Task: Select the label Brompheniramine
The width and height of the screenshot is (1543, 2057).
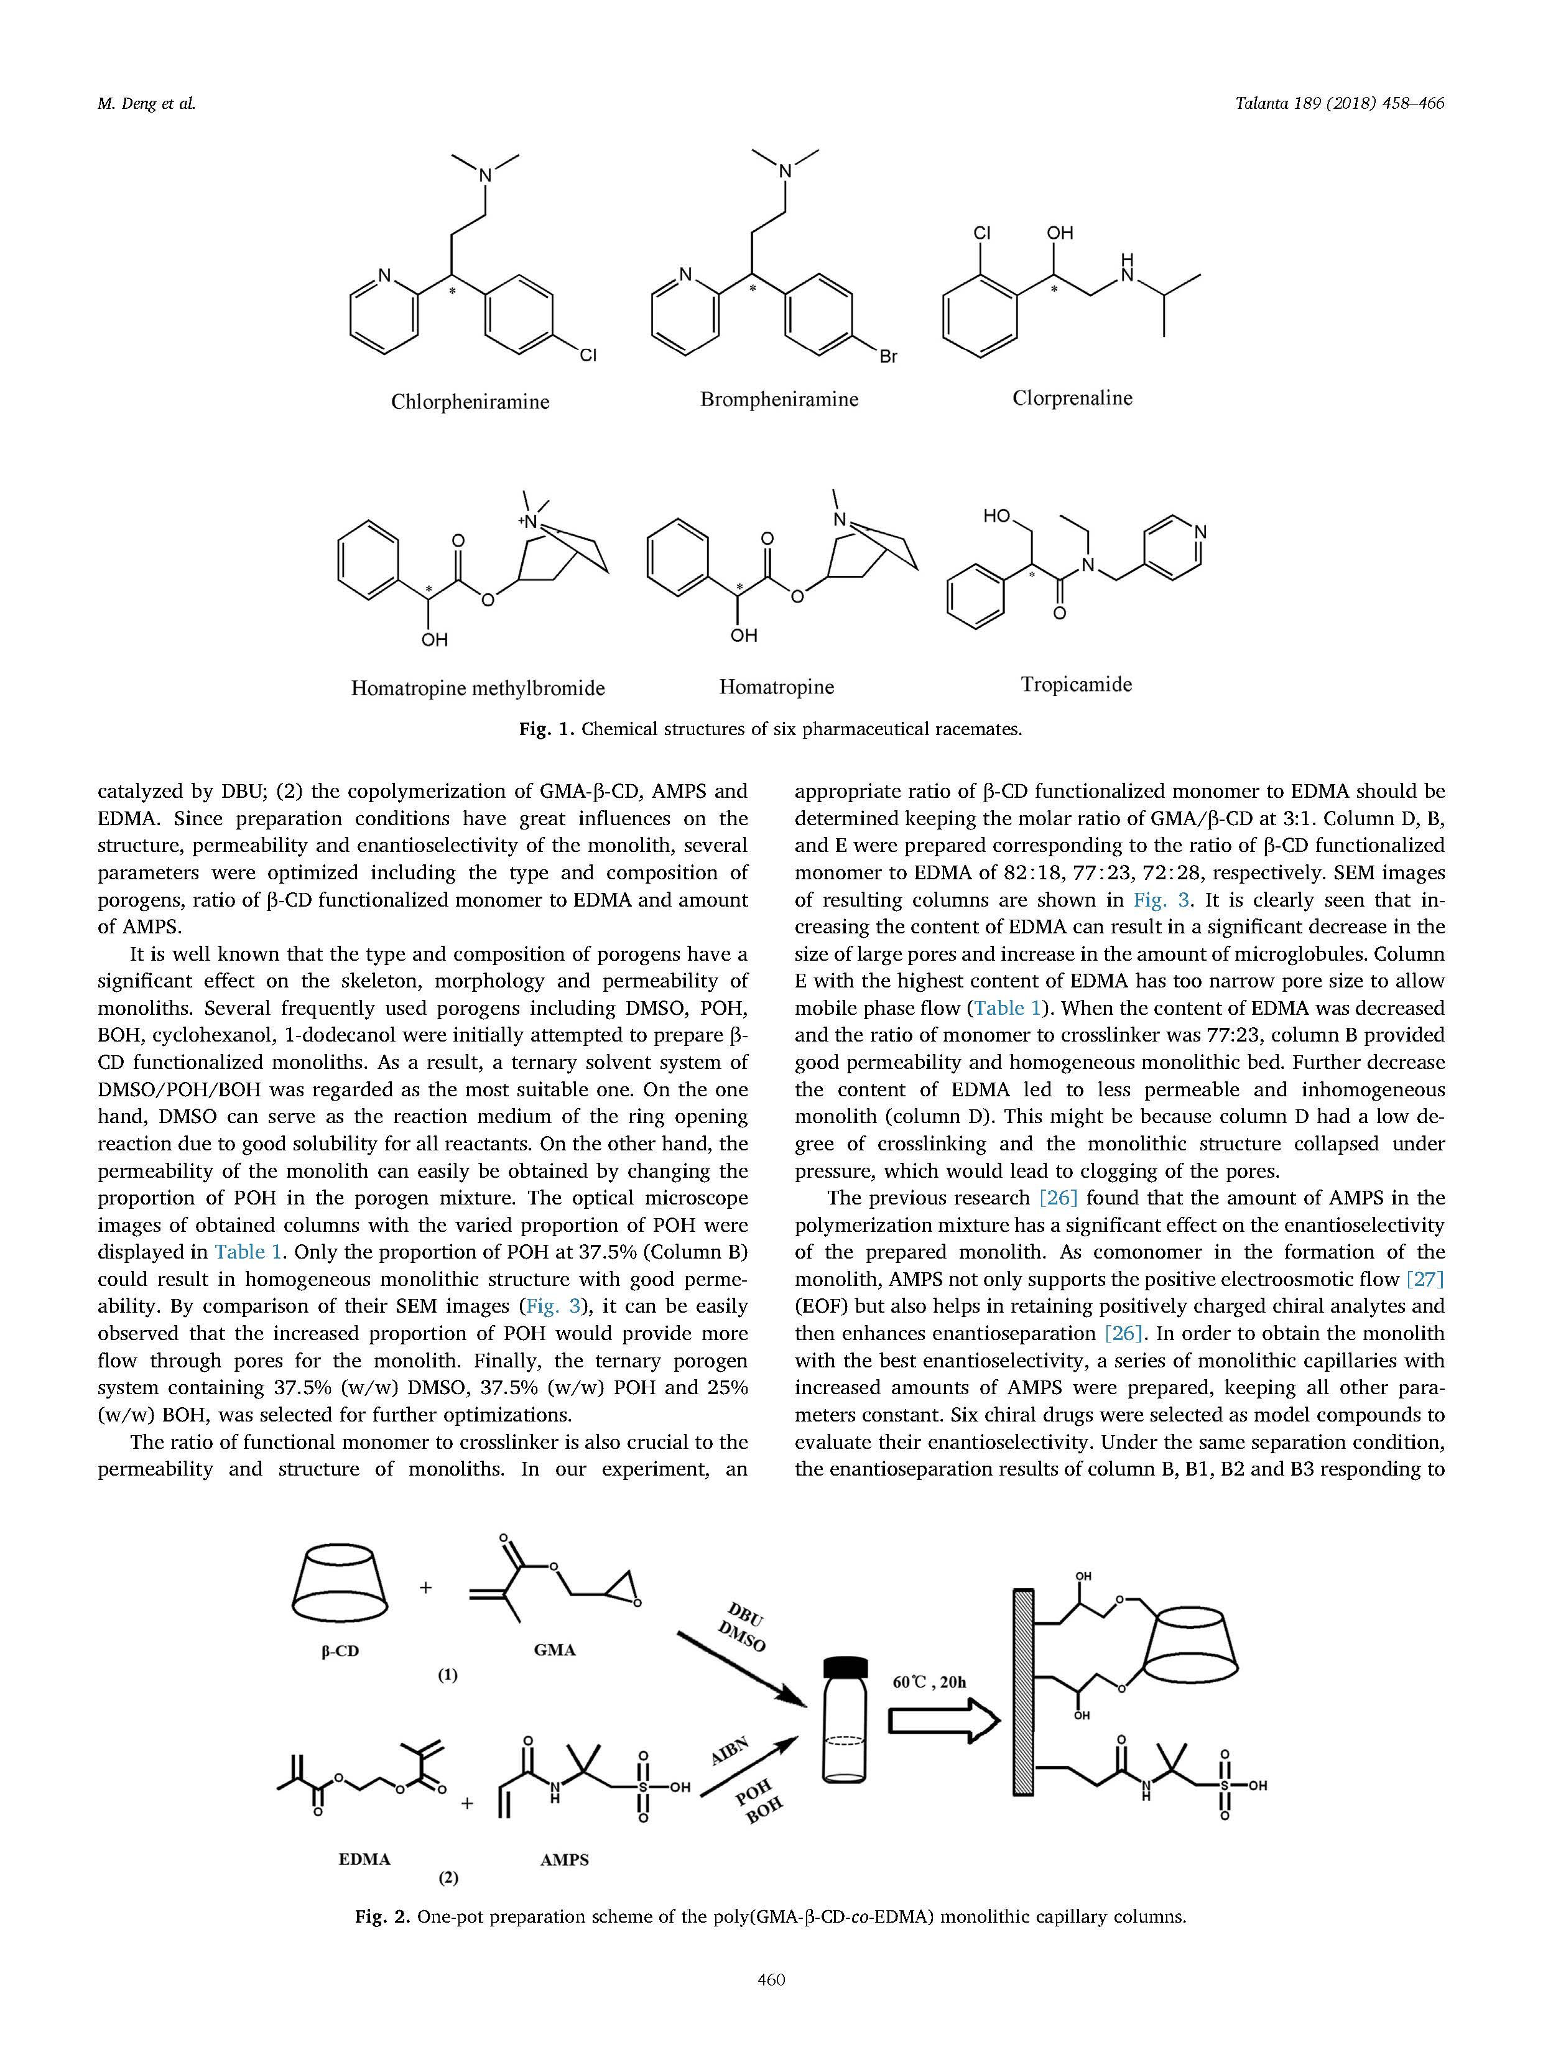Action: (x=779, y=400)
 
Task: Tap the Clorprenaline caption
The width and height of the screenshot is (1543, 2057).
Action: (x=1072, y=398)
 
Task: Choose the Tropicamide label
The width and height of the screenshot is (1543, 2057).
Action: (x=1076, y=685)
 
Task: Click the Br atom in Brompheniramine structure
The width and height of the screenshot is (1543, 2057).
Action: (x=888, y=356)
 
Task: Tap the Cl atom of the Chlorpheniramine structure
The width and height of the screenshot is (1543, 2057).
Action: (x=588, y=355)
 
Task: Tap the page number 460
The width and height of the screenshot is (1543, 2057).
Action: (x=771, y=2005)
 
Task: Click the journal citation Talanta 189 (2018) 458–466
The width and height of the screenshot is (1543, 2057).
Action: (x=1339, y=104)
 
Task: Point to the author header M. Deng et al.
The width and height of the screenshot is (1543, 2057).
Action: (x=146, y=104)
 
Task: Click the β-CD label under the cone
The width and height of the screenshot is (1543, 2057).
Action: (x=340, y=1652)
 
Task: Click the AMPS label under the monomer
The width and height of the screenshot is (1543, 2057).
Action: (x=563, y=1860)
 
